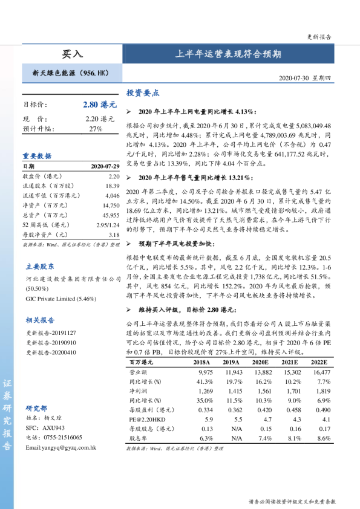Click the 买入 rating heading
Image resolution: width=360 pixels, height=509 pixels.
72,54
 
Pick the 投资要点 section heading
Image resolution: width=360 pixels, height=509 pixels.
143,93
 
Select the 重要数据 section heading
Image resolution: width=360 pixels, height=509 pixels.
37,155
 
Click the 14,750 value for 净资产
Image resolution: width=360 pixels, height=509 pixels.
112,206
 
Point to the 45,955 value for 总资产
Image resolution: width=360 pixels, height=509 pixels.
111,216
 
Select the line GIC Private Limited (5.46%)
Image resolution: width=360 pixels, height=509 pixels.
61,298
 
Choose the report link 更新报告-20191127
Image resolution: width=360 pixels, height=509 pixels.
51,332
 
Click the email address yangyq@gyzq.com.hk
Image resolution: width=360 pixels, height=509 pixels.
61,447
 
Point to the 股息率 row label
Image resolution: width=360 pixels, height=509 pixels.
139,438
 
